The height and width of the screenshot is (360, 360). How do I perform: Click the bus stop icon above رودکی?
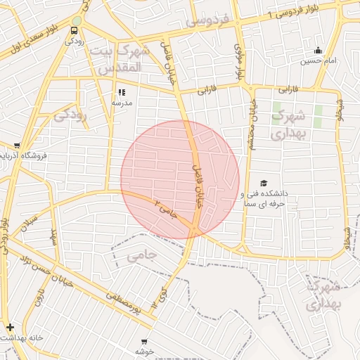tap(75, 30)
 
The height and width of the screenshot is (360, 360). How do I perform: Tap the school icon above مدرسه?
tap(122, 91)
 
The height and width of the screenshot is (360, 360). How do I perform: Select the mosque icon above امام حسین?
tap(319, 50)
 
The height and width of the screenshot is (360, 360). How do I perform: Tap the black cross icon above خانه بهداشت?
tap(9, 327)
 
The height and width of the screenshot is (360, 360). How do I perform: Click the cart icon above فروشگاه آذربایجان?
tap(17, 146)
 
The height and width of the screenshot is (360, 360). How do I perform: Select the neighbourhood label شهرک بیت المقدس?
tap(127, 60)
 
